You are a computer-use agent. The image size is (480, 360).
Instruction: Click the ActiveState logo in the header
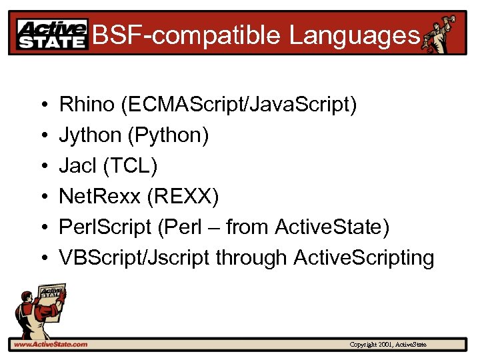pyautogui.click(x=52, y=35)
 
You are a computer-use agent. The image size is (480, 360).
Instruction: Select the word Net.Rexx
pyautogui.click(x=98, y=196)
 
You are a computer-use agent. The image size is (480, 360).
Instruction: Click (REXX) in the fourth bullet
pyautogui.click(x=181, y=196)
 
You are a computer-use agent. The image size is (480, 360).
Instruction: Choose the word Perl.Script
pyautogui.click(x=105, y=227)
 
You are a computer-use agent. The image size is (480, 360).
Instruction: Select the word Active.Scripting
pyautogui.click(x=363, y=257)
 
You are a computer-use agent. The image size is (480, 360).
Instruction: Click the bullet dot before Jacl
pyautogui.click(x=42, y=166)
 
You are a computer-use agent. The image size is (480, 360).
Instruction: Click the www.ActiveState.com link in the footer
pyautogui.click(x=50, y=344)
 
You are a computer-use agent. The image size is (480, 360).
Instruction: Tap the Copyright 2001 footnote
pyautogui.click(x=388, y=344)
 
